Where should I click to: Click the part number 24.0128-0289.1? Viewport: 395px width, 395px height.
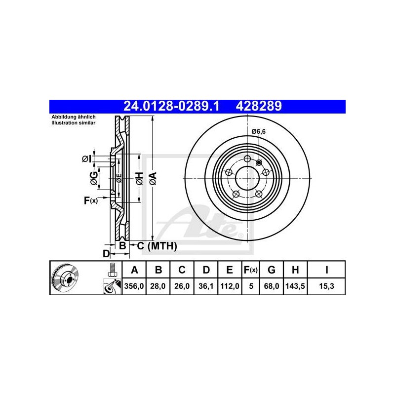point(171,106)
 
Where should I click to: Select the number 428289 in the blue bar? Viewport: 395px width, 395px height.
point(258,106)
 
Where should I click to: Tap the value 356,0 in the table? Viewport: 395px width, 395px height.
point(134,286)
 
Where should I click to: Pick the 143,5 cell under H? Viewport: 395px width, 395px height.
point(295,286)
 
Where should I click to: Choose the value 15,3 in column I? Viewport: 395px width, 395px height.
point(326,286)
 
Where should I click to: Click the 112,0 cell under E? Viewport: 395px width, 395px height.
point(230,286)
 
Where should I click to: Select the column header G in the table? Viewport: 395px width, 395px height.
point(271,270)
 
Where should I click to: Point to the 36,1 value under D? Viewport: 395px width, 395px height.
point(206,286)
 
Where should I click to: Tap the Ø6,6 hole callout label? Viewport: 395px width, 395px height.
point(258,131)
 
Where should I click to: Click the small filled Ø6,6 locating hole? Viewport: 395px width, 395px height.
point(259,163)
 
